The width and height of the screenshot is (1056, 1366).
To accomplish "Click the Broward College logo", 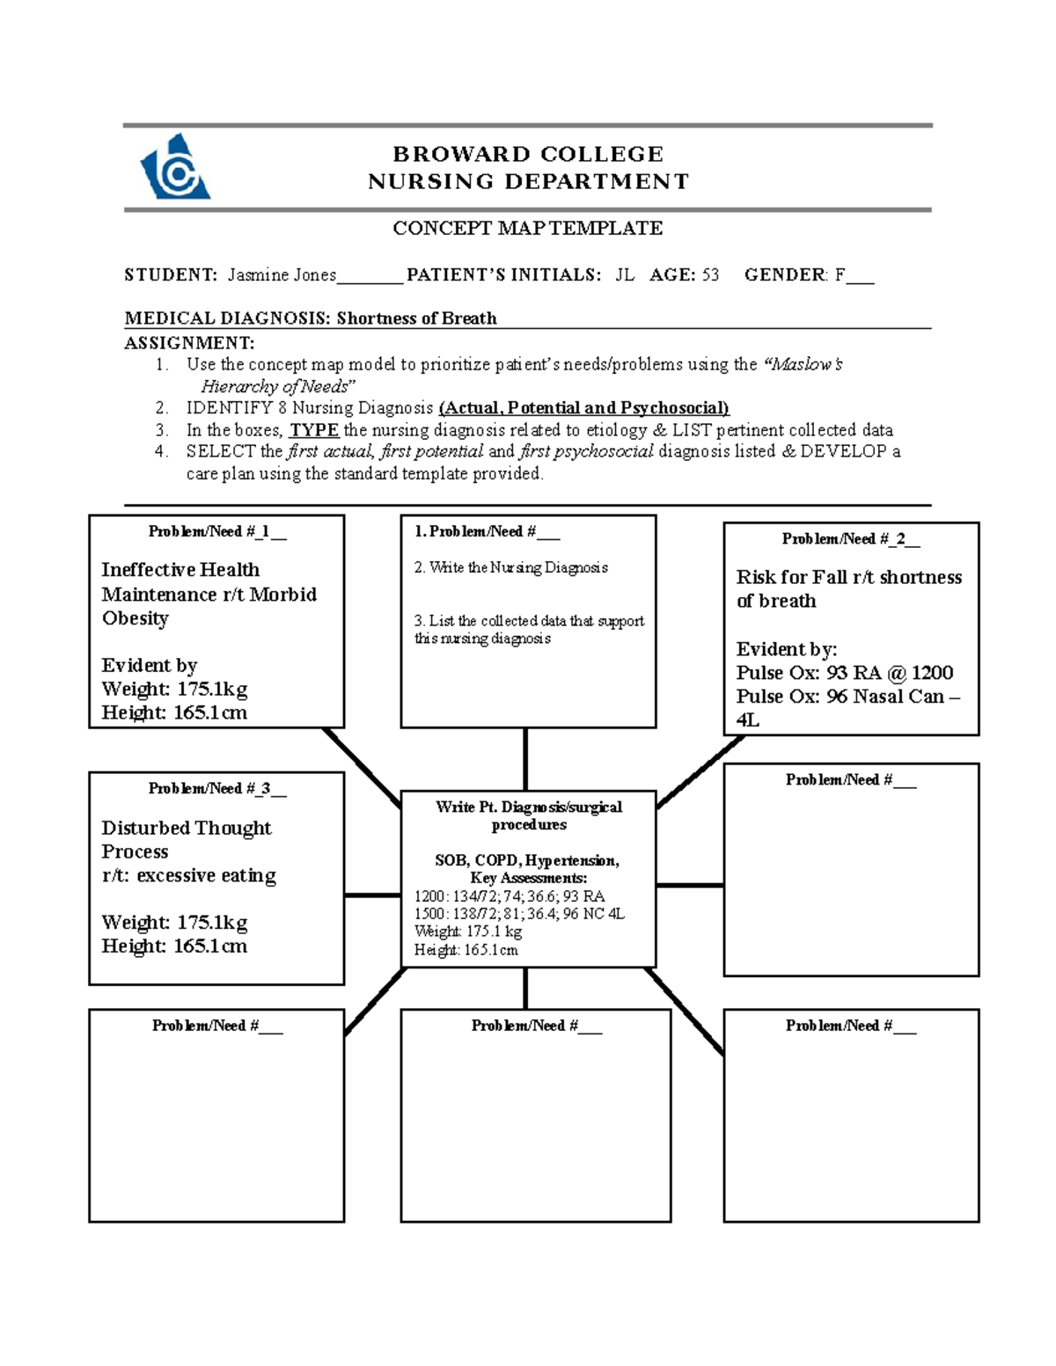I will [175, 167].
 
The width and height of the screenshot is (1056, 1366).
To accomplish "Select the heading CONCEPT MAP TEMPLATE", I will [527, 229].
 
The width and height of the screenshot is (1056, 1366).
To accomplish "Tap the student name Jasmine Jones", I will [282, 275].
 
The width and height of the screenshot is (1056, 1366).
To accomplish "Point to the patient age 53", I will [709, 275].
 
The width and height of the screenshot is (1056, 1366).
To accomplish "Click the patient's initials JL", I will [624, 275].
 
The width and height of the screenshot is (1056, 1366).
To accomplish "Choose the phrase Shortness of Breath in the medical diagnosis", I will [416, 318].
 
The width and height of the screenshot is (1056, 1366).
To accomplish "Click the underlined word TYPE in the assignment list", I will [314, 430].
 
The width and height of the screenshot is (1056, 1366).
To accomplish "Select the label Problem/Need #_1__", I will [216, 531].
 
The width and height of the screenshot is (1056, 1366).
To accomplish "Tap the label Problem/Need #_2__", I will [850, 539].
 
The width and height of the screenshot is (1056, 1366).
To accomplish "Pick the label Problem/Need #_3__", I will [216, 789].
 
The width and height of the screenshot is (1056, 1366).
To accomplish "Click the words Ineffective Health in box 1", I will [180, 570].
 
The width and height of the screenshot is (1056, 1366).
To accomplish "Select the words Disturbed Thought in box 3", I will [187, 829].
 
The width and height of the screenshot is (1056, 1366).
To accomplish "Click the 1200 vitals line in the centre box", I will [509, 896].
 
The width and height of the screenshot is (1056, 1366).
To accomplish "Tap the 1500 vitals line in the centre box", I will [519, 914].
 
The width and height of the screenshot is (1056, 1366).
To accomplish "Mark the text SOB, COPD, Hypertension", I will [527, 860].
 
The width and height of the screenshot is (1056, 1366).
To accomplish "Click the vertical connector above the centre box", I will [525, 759].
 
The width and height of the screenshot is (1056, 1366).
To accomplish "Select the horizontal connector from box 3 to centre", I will [372, 895].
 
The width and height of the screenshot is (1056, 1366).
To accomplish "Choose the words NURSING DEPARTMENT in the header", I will [528, 182].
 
